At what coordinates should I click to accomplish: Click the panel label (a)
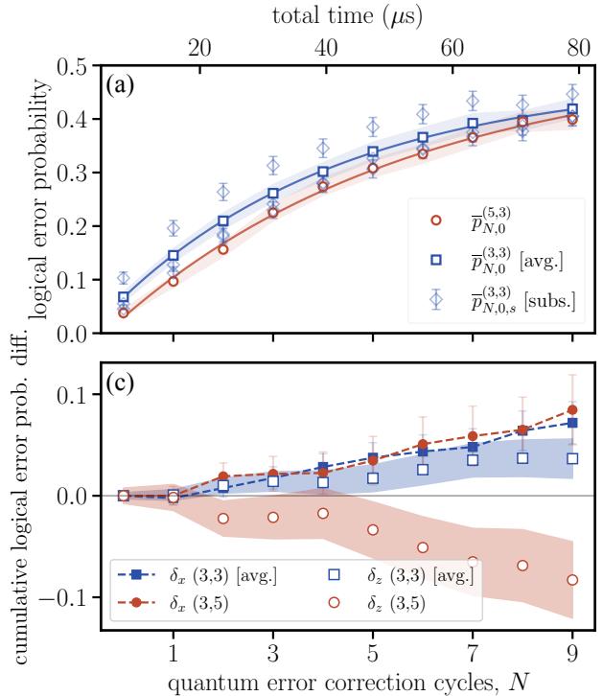[120, 85]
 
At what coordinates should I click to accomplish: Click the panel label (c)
[120, 384]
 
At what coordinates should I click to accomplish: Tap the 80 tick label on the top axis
[579, 48]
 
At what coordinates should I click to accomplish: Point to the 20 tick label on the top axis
[199, 48]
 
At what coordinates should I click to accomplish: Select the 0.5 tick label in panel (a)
[72, 66]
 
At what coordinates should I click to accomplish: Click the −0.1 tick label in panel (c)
[62, 597]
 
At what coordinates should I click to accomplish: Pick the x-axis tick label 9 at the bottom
[573, 654]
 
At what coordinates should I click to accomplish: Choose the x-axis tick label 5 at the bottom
[373, 654]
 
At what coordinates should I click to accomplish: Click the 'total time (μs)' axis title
[347, 17]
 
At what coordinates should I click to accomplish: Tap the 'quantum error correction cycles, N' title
[349, 683]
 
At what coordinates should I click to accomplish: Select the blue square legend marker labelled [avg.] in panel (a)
[436, 260]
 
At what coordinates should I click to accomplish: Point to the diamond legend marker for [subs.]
[436, 300]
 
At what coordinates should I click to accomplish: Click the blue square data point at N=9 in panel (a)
[573, 109]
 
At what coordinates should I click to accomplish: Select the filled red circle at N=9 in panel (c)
[573, 409]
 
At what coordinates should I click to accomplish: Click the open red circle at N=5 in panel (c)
[373, 529]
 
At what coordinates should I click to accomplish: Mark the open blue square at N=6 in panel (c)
[423, 469]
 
